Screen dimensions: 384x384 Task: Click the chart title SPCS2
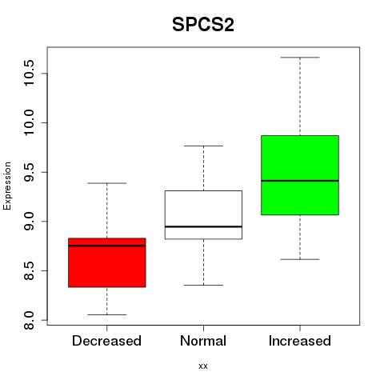tap(203, 25)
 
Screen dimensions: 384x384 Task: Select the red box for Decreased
tap(107, 262)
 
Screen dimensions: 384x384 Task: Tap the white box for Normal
tap(203, 215)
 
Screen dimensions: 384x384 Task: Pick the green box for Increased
tap(300, 175)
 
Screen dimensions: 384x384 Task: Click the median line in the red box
tap(107, 246)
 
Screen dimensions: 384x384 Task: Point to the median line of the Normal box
tap(203, 226)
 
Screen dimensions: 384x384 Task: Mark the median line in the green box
tap(300, 181)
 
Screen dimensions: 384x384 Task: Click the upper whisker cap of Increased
tap(300, 58)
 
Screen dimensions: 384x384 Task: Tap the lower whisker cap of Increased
tap(300, 259)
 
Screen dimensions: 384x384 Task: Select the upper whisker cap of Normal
tap(203, 146)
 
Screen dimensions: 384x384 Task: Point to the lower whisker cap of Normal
tap(203, 285)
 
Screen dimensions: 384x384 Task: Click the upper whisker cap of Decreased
tap(107, 183)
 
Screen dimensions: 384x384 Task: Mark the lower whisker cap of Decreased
tap(107, 314)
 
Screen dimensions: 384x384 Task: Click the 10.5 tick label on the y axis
tap(29, 73)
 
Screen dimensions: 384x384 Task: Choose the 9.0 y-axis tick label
tap(29, 222)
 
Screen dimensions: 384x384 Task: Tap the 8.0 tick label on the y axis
tap(29, 320)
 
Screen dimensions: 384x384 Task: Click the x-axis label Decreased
tap(106, 341)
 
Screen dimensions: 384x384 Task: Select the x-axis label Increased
tap(300, 341)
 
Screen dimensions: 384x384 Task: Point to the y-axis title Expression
tap(7, 186)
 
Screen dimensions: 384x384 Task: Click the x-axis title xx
tap(203, 366)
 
